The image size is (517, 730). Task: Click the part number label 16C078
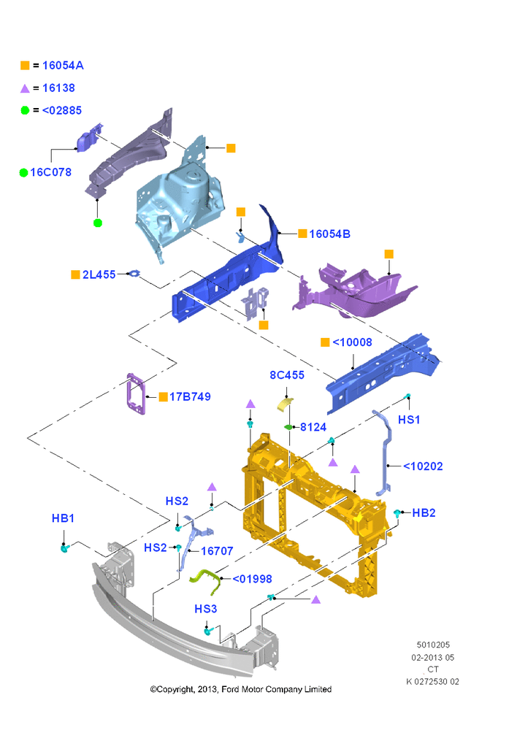click(51, 172)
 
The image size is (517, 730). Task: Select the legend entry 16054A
click(63, 66)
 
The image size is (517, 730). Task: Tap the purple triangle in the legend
click(25, 88)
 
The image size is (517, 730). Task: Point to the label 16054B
click(330, 234)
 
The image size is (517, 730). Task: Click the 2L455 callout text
click(99, 274)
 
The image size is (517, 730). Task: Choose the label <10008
click(352, 342)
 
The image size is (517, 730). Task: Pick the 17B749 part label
click(190, 396)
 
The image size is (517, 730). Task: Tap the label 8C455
click(287, 375)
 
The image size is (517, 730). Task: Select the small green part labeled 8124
click(288, 426)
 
